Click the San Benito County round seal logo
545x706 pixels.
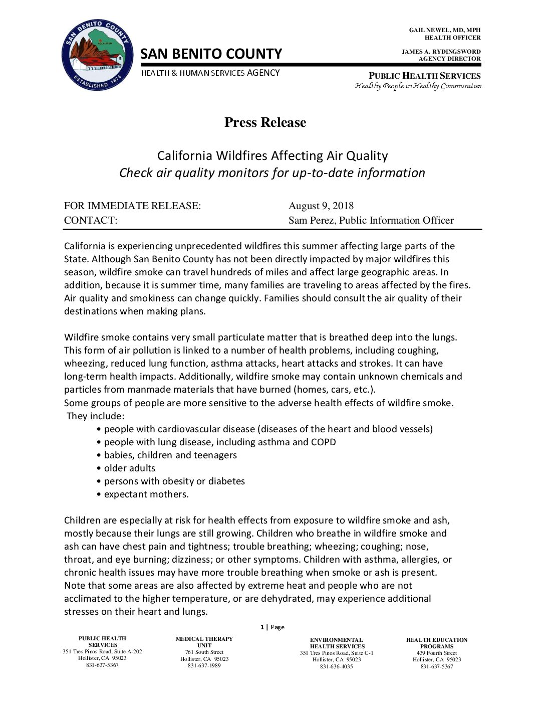(x=98, y=56)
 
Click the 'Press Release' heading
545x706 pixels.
(x=265, y=122)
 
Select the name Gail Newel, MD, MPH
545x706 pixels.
(x=444, y=30)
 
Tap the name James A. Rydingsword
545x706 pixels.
(x=441, y=52)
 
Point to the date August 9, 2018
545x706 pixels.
(x=321, y=206)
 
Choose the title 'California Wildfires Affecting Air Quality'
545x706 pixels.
(x=272, y=155)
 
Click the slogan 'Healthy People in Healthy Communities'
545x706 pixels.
(x=418, y=86)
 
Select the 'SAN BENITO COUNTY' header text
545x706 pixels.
(x=211, y=54)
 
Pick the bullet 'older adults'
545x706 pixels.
(x=130, y=468)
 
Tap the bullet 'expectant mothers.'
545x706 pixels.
(x=146, y=494)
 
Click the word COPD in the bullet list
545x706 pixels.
(x=324, y=442)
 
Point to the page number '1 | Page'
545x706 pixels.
(x=272, y=627)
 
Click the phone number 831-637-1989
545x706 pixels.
(x=204, y=665)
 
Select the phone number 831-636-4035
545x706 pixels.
(x=337, y=666)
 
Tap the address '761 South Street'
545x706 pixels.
(x=204, y=652)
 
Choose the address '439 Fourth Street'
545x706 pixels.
(x=437, y=653)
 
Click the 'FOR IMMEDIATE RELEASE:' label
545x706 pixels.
(x=132, y=206)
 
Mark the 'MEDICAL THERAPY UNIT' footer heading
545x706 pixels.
(x=204, y=642)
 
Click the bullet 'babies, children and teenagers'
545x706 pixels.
(x=170, y=455)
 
